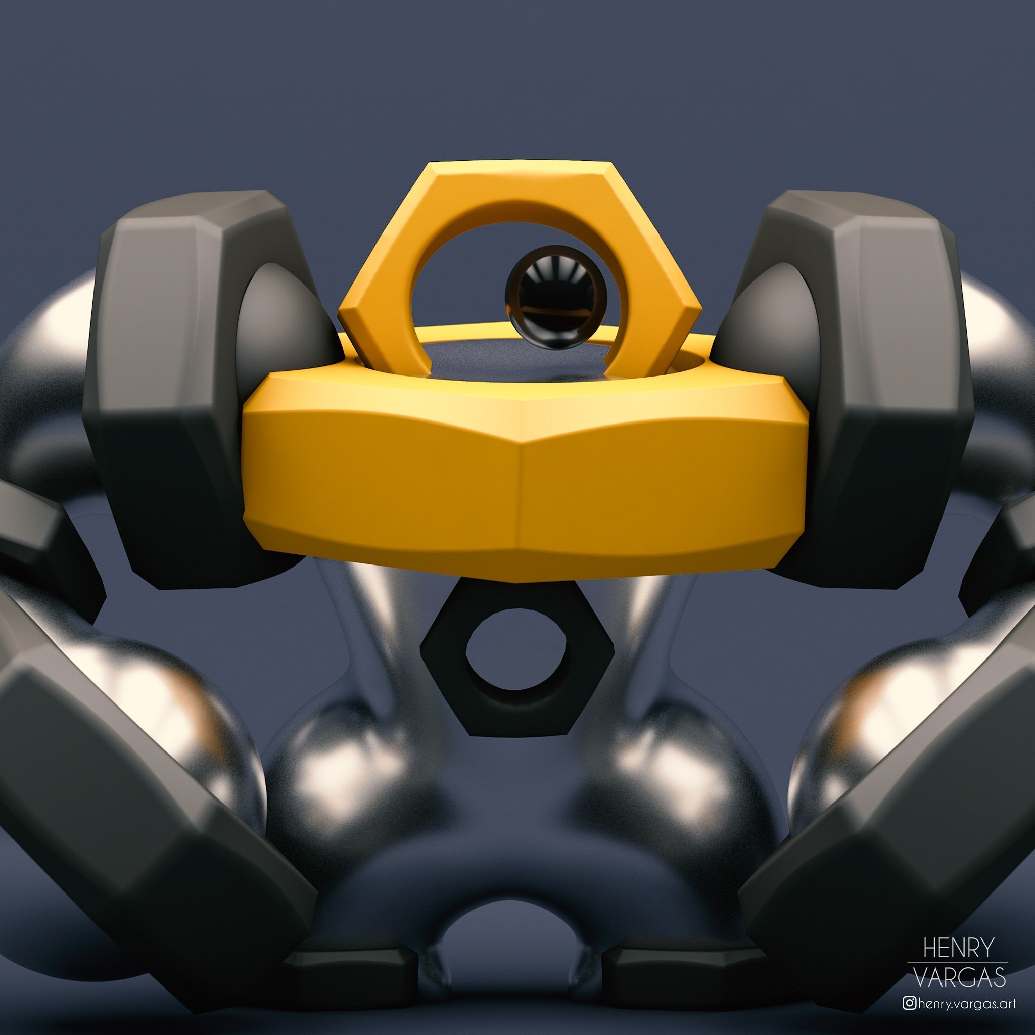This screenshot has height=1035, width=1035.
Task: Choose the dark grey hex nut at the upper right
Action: pyautogui.click(x=878, y=386)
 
